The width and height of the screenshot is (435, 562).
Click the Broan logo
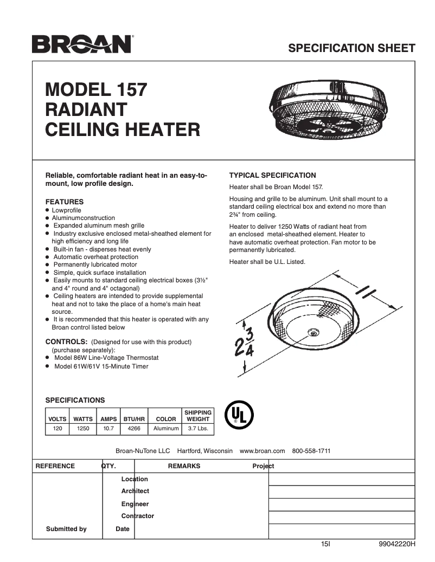[82, 44]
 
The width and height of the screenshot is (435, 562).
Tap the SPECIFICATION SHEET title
[351, 48]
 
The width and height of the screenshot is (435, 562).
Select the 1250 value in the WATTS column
[83, 429]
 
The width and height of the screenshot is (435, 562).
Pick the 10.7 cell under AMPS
[108, 429]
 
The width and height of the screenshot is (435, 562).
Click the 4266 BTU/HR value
[134, 429]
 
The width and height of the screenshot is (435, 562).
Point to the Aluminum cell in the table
[166, 429]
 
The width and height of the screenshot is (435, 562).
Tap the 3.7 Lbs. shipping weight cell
[198, 429]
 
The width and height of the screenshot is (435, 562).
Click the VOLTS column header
[57, 419]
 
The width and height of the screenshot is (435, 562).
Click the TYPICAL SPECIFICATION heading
[272, 176]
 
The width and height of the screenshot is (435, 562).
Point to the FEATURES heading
[64, 202]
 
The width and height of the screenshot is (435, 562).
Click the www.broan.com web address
[262, 451]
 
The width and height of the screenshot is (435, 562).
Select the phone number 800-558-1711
[311, 451]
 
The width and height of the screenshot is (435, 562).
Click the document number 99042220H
[397, 545]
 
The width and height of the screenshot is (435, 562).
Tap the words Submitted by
[66, 529]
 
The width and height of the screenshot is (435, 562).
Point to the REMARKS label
[184, 466]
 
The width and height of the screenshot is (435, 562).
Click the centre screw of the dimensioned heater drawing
[312, 331]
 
